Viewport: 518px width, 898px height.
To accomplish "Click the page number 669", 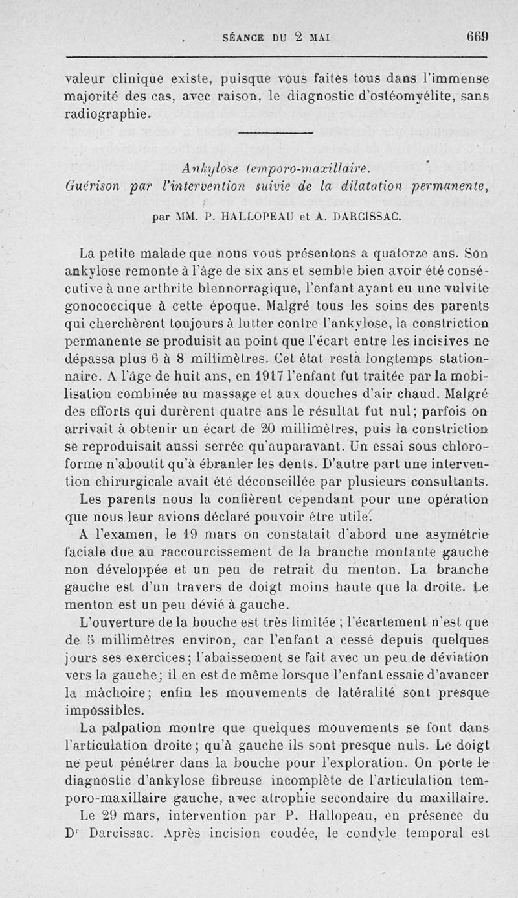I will (x=479, y=38).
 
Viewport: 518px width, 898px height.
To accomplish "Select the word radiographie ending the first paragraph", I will (x=109, y=115).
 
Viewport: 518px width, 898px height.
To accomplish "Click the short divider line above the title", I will (x=276, y=134).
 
